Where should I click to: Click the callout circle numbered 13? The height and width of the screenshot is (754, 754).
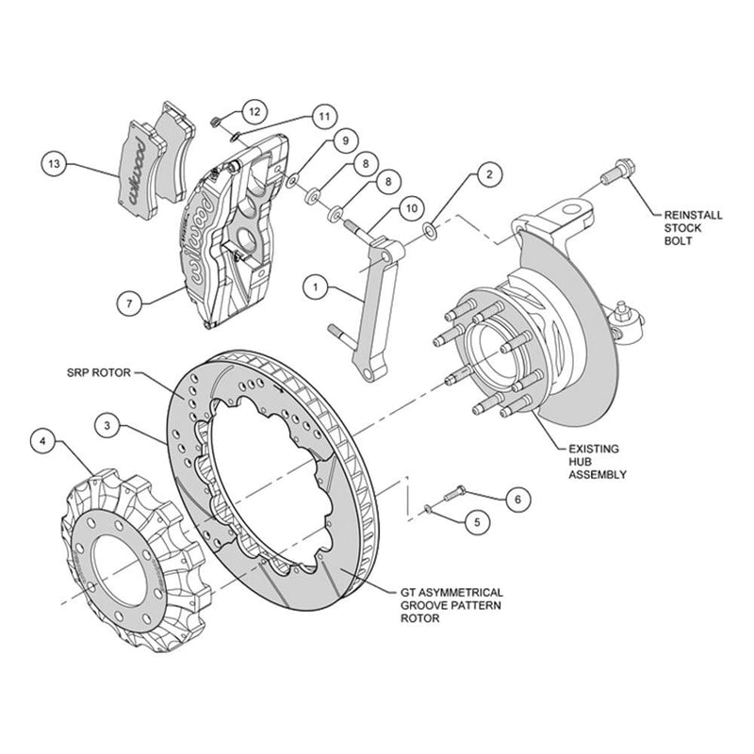point(54,164)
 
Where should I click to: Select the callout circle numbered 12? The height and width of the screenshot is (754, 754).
point(254,111)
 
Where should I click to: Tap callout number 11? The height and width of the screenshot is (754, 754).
point(324,116)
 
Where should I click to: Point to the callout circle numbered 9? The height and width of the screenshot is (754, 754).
point(345,140)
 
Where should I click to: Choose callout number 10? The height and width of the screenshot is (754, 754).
point(412,208)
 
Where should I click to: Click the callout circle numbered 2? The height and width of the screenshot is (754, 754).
point(489,174)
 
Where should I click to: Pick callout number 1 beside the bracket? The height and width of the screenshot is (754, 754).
point(316,287)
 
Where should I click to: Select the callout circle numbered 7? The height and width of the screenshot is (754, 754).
point(129,303)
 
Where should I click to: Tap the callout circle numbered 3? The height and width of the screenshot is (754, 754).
point(107,426)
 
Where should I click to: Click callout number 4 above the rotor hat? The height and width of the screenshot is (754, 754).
point(43,441)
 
